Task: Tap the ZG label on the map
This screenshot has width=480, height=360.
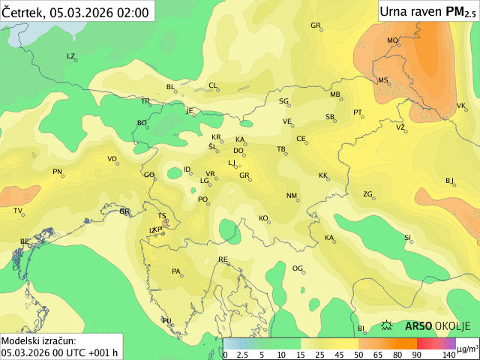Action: [x=367, y=194]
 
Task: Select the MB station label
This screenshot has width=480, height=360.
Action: [x=335, y=94]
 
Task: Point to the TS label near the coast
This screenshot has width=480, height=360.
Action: [x=161, y=216]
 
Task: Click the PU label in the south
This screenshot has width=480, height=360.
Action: [x=166, y=321]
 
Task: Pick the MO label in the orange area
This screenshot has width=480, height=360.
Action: [x=392, y=40]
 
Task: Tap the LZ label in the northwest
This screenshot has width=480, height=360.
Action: [x=71, y=56]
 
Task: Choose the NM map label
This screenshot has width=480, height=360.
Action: [x=292, y=196]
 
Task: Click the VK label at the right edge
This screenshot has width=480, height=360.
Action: [x=461, y=106]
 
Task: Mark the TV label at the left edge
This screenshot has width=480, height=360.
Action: [x=17, y=211]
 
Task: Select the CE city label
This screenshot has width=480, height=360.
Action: [x=301, y=139]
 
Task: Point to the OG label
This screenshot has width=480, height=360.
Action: [x=297, y=268]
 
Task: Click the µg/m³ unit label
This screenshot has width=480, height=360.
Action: [x=468, y=349]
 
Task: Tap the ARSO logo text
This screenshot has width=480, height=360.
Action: [x=418, y=326]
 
